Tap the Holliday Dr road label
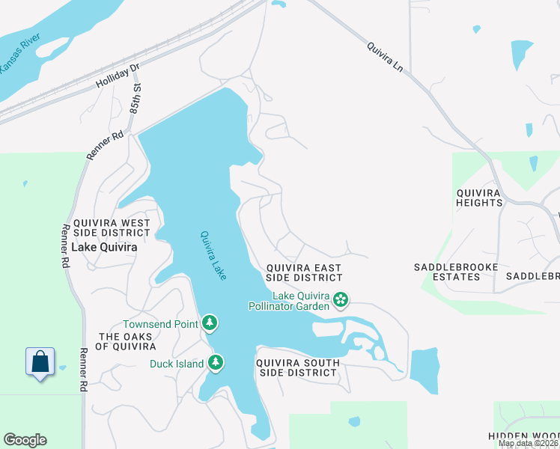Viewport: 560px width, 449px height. [118, 76]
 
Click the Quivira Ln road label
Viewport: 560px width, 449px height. [385, 56]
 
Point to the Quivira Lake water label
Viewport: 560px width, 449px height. [213, 255]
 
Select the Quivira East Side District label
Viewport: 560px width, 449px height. [304, 272]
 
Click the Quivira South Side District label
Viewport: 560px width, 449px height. [297, 367]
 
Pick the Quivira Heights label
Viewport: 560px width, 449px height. [479, 198]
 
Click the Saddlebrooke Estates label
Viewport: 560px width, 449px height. [447, 272]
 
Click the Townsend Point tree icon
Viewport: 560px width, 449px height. [210, 323]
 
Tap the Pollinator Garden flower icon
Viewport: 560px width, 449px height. [341, 300]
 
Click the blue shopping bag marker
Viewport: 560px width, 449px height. [40, 361]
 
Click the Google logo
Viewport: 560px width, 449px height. [25, 440]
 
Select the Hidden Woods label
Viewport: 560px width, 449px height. [523, 436]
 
